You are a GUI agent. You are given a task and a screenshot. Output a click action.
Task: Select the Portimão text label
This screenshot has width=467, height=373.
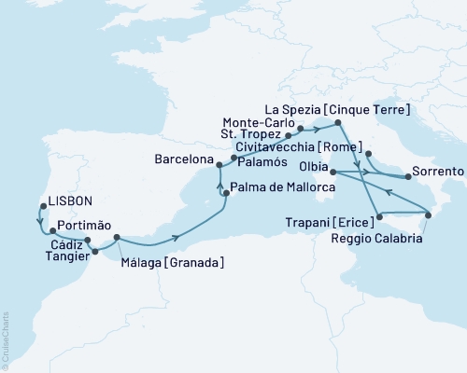click(84, 226)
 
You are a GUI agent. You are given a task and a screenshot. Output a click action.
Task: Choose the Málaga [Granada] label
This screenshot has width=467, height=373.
click(172, 264)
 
